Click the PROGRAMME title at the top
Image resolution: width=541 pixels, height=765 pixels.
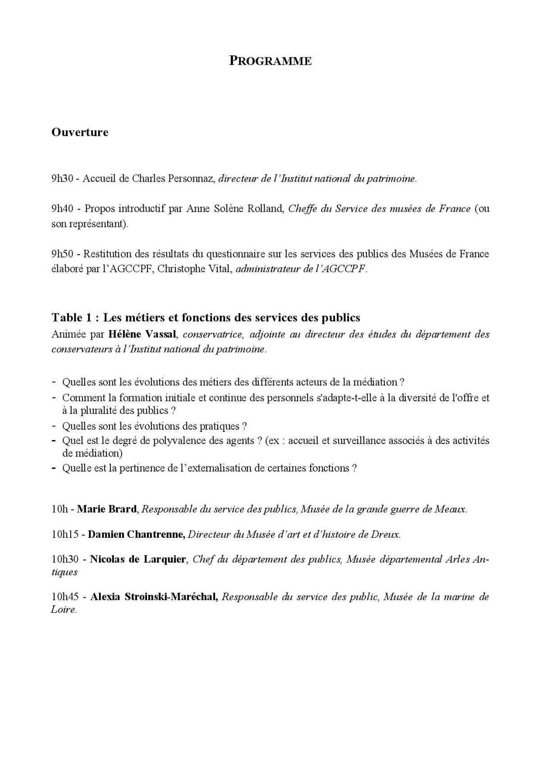click(x=270, y=61)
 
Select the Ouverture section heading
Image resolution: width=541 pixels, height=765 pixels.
click(x=80, y=133)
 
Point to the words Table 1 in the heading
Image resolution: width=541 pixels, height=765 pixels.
click(x=73, y=318)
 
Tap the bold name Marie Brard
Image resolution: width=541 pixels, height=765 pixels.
click(x=107, y=509)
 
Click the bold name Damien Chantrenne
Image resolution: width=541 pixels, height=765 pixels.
click(x=136, y=535)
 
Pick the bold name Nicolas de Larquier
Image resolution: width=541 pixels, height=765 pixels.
click(x=138, y=559)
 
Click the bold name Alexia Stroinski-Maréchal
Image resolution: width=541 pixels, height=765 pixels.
click(x=154, y=597)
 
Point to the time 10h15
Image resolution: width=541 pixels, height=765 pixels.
click(x=65, y=535)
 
